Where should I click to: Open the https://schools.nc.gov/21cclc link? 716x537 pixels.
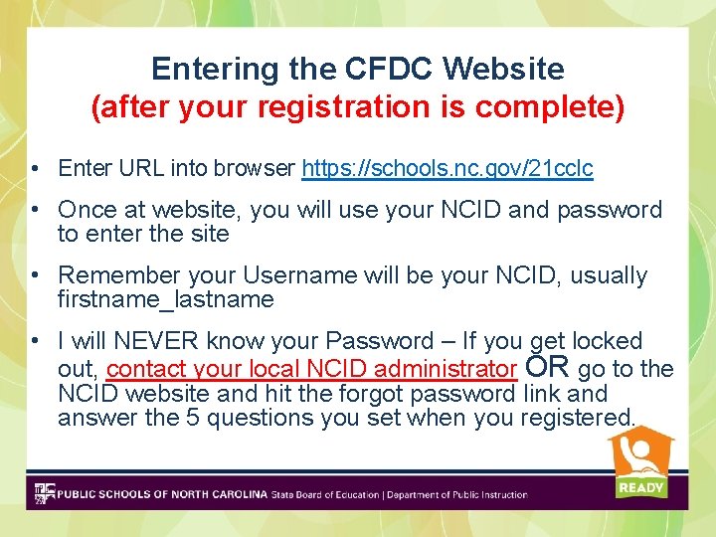tap(447, 168)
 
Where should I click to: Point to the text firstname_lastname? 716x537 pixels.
tap(165, 299)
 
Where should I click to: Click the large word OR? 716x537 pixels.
tap(547, 367)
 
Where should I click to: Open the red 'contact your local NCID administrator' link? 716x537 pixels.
tap(311, 370)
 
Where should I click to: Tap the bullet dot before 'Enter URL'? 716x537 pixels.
tap(36, 168)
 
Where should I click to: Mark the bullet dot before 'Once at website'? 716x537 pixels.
tap(36, 210)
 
